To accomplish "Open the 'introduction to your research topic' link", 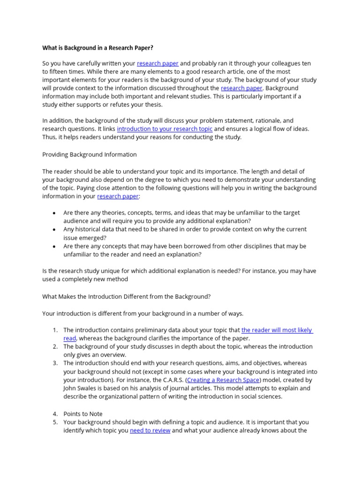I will coord(165,129).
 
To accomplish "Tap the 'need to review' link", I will coord(150,430).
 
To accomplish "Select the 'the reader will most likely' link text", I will coord(277,330).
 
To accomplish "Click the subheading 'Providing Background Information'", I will coord(90,154).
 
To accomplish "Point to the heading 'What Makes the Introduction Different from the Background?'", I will coord(127,296).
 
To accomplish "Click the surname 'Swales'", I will coord(90,389).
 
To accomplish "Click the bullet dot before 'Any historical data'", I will coord(54,230).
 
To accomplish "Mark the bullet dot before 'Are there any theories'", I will coord(54,213).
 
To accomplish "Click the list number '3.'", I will coord(55,363).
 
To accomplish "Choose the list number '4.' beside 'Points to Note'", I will coord(55,414).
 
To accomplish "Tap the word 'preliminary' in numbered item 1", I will coord(144,330).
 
